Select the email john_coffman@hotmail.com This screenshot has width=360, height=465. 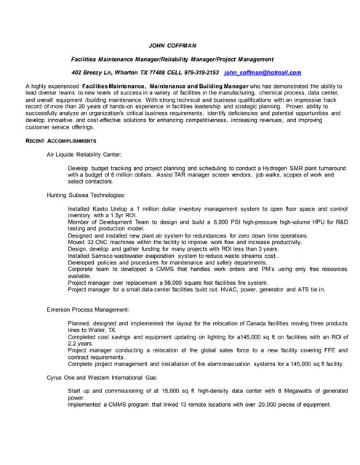[x=263, y=73]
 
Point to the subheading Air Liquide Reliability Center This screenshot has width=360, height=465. [x=84, y=155]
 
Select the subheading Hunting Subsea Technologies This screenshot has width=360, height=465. [x=85, y=195]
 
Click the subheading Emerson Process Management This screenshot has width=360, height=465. [x=87, y=310]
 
